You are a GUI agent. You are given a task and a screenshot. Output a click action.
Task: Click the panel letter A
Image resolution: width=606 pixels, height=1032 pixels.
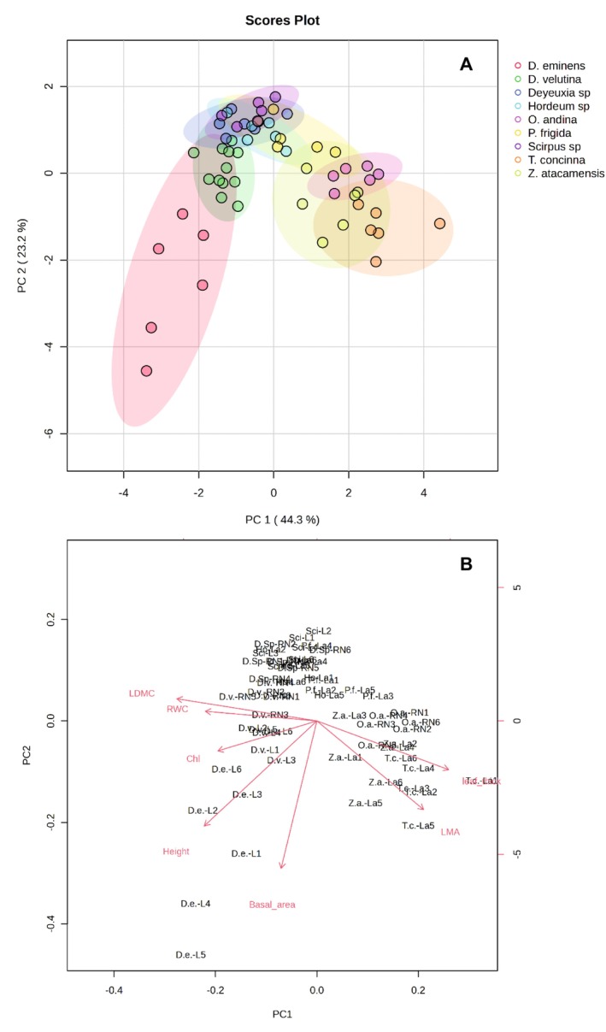coord(466,62)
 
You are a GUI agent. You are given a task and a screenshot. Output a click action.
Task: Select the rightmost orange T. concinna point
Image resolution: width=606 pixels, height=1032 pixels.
coord(439,223)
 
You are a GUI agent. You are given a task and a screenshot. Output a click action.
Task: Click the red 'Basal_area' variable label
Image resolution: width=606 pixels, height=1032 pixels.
coord(272,904)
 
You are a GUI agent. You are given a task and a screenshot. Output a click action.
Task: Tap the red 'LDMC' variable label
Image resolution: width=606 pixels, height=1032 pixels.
coord(142,693)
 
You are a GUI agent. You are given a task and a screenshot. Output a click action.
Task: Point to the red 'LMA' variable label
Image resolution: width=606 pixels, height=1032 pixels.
coord(450,832)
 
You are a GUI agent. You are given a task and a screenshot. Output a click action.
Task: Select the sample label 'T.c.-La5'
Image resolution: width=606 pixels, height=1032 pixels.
coord(419,825)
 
